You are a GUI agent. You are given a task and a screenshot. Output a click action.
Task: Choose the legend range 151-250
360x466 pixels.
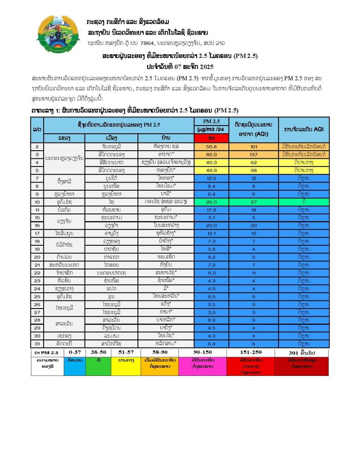tap(251, 352)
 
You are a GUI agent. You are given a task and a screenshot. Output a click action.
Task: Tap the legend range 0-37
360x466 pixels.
tap(75, 352)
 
